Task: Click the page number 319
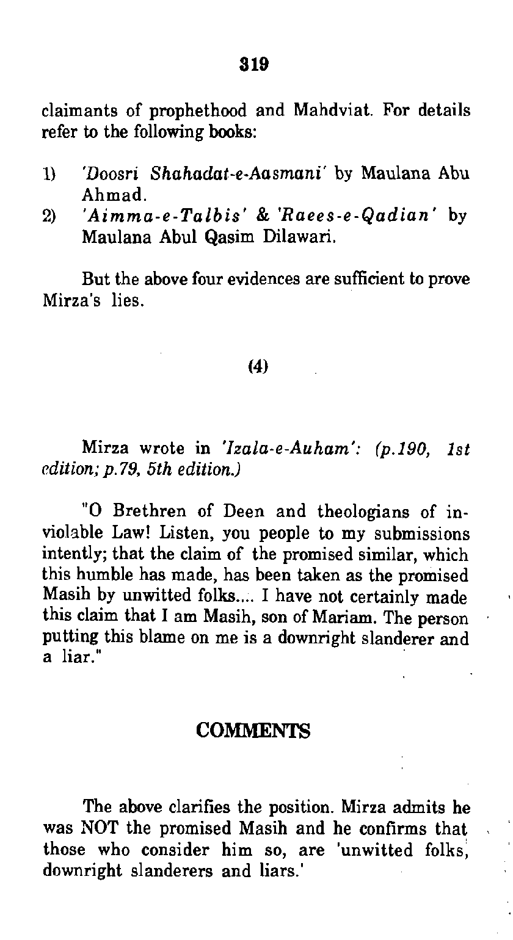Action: pyautogui.click(x=256, y=64)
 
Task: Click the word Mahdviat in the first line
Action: pyautogui.click(x=332, y=112)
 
